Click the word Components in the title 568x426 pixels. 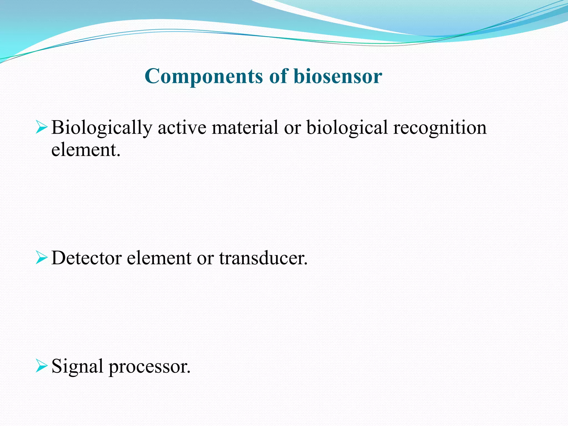(x=204, y=77)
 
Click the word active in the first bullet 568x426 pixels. (x=182, y=128)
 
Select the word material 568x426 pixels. (x=245, y=128)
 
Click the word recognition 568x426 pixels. (x=440, y=128)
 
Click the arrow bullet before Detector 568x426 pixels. (x=41, y=258)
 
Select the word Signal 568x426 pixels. (x=77, y=367)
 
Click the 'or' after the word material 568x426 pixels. (x=292, y=128)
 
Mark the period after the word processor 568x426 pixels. (x=189, y=372)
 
